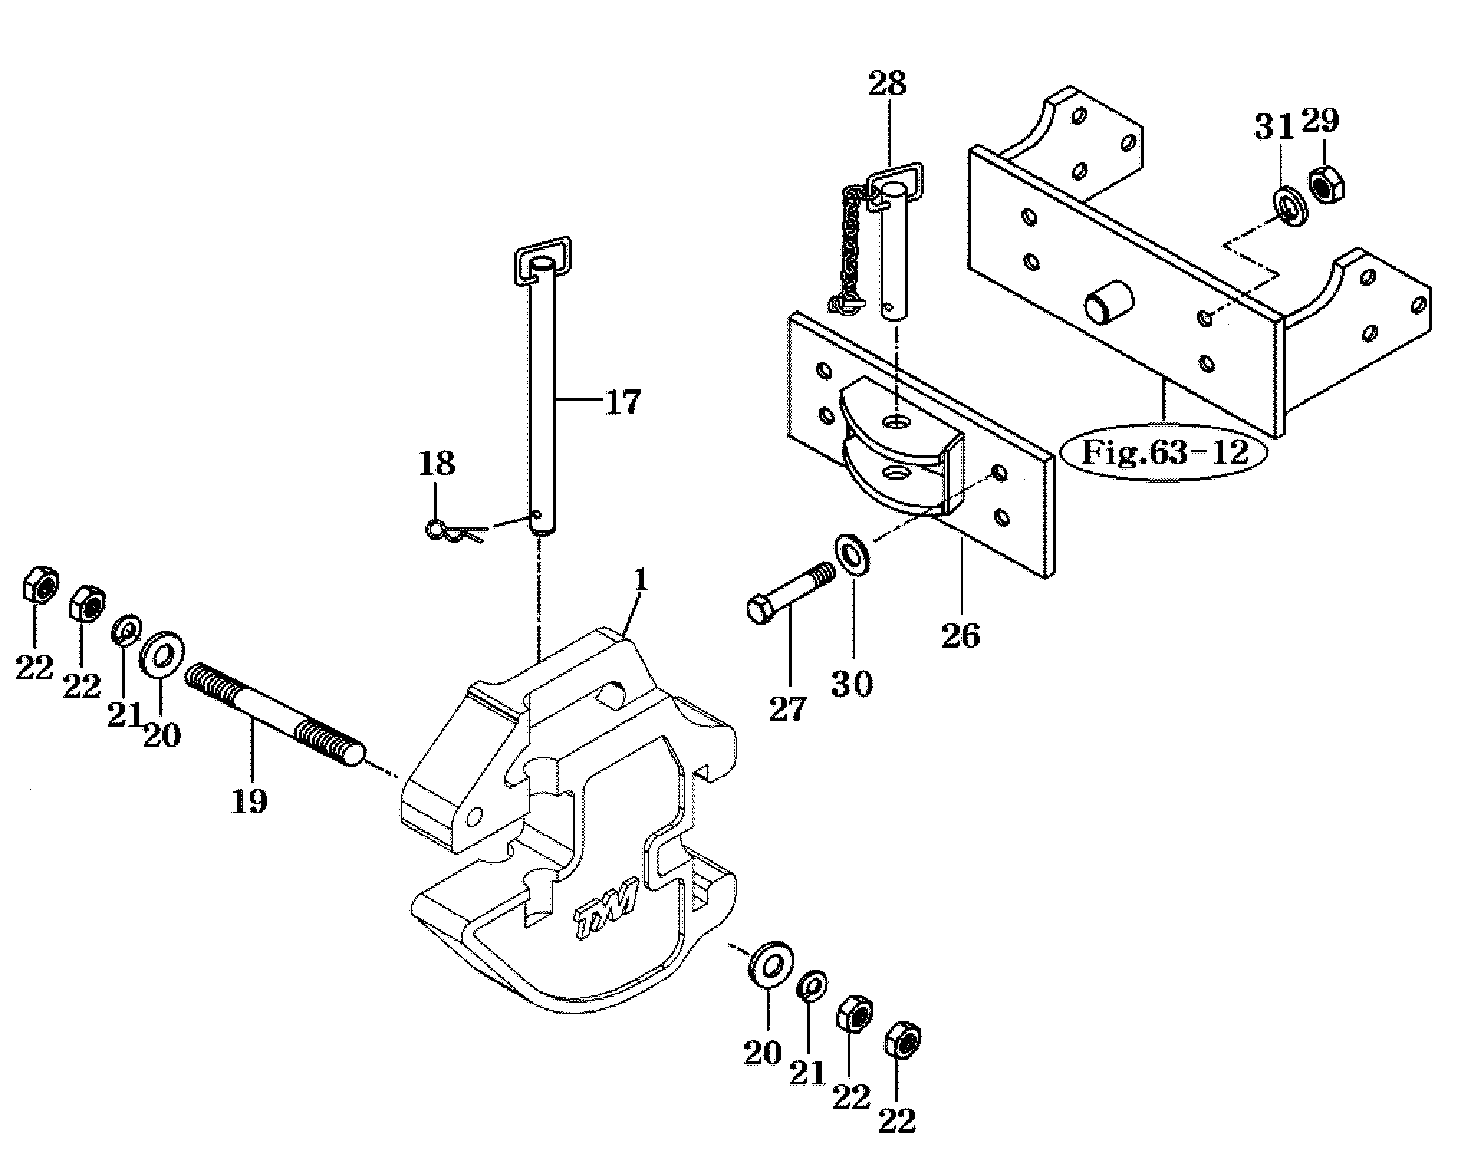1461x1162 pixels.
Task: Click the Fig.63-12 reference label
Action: (1164, 452)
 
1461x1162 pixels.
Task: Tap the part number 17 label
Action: (622, 402)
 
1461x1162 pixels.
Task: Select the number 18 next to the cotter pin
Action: (437, 464)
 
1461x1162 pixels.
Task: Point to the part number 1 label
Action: (641, 581)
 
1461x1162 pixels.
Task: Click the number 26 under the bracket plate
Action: (961, 635)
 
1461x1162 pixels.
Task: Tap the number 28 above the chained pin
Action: (887, 84)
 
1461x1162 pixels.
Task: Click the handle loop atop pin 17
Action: (542, 264)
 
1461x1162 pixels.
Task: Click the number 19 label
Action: (249, 800)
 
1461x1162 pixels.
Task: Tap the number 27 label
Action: (788, 710)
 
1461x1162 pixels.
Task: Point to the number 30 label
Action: (853, 684)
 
